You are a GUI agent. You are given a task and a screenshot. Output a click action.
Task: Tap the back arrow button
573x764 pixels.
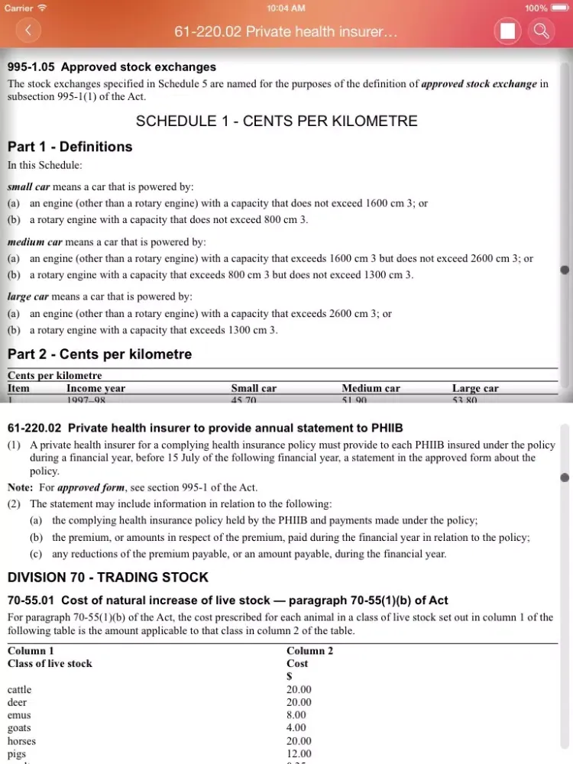tap(28, 31)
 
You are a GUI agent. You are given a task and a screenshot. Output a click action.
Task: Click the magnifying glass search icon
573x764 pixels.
tap(541, 31)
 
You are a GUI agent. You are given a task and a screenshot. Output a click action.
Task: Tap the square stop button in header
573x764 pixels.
tap(507, 31)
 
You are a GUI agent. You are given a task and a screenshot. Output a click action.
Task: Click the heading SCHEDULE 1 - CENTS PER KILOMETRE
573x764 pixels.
tap(277, 121)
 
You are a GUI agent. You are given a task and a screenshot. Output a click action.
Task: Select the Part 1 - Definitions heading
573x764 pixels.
tap(70, 147)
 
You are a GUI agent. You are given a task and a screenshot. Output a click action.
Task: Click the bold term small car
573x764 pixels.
tap(28, 186)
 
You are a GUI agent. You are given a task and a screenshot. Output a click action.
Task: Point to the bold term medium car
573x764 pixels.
tap(35, 242)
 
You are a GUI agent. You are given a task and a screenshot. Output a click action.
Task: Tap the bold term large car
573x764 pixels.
tap(28, 296)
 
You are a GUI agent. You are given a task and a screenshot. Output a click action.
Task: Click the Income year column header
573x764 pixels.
tap(95, 388)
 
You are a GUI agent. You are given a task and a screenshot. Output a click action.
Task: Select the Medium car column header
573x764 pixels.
tap(371, 388)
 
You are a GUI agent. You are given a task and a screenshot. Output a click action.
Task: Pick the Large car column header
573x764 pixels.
tap(475, 388)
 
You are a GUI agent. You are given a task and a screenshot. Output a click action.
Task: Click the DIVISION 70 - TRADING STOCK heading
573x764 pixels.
tap(108, 577)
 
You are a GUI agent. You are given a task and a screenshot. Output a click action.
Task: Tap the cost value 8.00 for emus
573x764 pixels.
tap(296, 715)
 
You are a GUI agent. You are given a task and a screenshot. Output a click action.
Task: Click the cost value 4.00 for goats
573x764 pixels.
tap(296, 728)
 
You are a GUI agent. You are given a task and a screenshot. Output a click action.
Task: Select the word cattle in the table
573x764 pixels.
tap(20, 689)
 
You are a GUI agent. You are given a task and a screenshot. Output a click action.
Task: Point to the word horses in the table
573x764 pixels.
tap(21, 741)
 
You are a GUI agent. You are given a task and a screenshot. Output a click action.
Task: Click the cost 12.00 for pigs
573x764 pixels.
tap(299, 754)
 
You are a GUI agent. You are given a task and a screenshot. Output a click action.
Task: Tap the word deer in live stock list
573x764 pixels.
tap(17, 702)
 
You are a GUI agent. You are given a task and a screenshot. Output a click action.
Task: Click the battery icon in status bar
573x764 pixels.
tap(559, 8)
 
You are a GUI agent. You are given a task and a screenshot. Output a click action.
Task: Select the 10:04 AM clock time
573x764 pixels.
tap(286, 8)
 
